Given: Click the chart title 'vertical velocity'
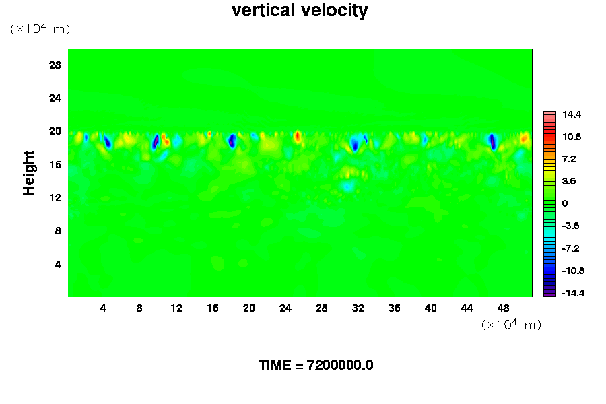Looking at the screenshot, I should point(300,11).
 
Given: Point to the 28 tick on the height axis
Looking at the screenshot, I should point(55,65).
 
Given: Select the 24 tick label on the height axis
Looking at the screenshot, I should point(55,98).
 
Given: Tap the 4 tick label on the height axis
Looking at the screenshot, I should point(58,264).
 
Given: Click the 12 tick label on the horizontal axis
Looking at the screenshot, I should point(176,308).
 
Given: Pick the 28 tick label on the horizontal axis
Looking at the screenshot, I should point(321,308).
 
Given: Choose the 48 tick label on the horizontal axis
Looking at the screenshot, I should point(503,308).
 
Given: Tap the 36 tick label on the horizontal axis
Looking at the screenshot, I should point(394,308).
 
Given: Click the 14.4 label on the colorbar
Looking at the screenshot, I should point(572,115).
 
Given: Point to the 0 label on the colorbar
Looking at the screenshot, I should point(565,203).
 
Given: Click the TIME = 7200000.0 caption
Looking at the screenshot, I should point(316,366).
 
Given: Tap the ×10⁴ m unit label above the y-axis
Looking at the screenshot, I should point(40,29).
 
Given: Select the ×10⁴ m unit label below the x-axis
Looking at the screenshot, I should point(511,325).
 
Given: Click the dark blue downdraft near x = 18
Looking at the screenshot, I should point(232,141).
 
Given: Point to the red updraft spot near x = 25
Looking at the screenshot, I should point(297,136).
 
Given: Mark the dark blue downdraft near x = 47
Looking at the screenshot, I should point(492,141).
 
